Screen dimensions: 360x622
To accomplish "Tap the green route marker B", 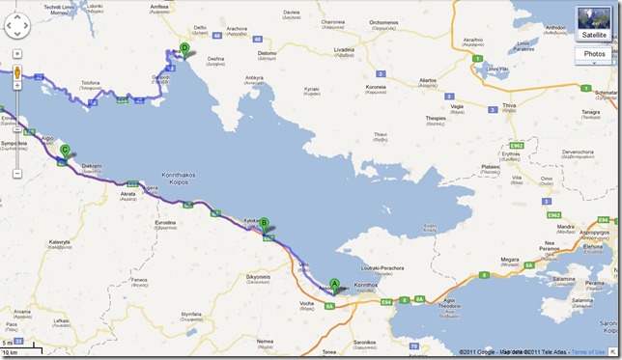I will click(x=264, y=223).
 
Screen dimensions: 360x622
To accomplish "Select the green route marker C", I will click(x=65, y=150).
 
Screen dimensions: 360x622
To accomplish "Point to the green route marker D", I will click(x=184, y=47).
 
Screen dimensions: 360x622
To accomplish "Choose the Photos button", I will click(x=593, y=54).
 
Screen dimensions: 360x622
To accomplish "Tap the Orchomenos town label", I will click(x=383, y=22).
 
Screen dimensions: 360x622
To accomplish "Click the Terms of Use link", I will click(x=588, y=351).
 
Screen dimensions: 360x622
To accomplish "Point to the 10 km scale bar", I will click(x=18, y=350).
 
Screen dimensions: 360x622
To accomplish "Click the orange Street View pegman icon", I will click(x=16, y=74).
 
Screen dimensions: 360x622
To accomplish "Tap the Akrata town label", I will click(x=127, y=193).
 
